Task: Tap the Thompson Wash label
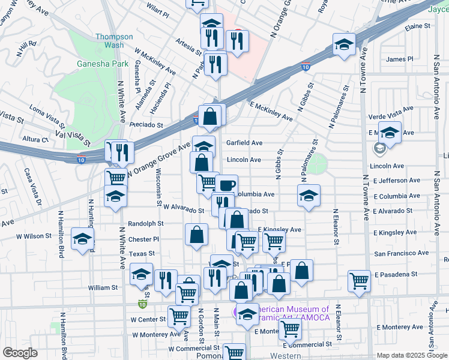110,41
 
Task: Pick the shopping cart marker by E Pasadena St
359,280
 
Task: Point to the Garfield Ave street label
244,143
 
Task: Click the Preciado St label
146,125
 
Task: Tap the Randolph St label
146,223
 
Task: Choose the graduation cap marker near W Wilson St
82,239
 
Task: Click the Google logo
20,353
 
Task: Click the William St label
103,288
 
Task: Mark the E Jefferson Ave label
397,181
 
